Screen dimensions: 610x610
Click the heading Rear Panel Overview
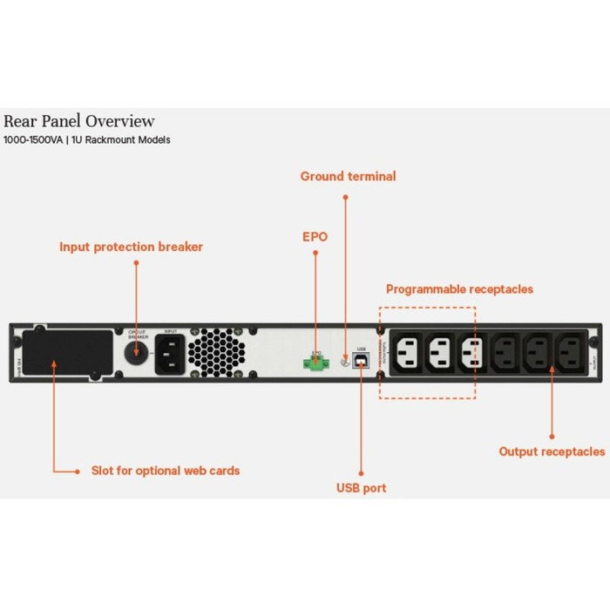[x=79, y=121]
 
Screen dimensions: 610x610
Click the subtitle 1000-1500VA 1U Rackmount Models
[x=87, y=140]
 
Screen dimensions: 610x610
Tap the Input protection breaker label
[x=131, y=247]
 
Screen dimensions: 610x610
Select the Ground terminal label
[x=348, y=177]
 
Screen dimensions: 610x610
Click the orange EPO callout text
[x=315, y=236]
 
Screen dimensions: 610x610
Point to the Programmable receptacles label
[x=459, y=289]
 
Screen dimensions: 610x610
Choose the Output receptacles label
[x=552, y=451]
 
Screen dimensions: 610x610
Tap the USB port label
[x=361, y=488]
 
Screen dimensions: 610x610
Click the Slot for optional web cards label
[x=166, y=471]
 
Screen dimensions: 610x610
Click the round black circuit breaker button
[x=137, y=356]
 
